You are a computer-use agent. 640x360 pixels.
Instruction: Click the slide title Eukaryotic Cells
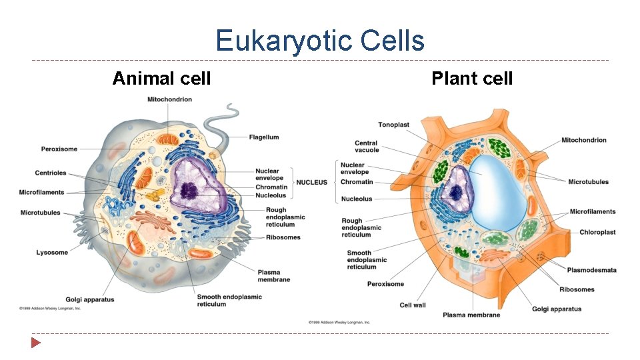(x=320, y=41)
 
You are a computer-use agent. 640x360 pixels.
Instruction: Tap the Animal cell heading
(x=161, y=79)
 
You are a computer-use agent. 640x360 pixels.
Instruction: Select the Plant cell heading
(x=472, y=79)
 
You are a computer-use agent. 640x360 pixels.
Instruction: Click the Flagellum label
(x=264, y=137)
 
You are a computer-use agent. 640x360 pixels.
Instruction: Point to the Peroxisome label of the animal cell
(x=59, y=149)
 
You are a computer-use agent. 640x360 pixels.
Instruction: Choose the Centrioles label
(x=51, y=173)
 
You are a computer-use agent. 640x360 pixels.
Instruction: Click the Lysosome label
(x=52, y=253)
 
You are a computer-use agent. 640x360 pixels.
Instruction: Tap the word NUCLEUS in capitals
(x=312, y=182)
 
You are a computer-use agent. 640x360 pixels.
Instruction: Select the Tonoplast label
(x=393, y=125)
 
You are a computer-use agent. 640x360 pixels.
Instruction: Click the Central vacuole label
(x=366, y=147)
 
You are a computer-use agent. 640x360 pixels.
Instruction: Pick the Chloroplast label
(x=597, y=233)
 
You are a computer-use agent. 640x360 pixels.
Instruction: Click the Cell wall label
(x=413, y=305)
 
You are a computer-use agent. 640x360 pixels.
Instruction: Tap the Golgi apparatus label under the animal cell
(x=90, y=299)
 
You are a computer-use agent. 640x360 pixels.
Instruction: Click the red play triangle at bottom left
(x=35, y=343)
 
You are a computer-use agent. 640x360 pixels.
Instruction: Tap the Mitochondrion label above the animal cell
(x=169, y=99)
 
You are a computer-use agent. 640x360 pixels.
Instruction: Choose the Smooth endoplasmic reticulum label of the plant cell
(x=367, y=260)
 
